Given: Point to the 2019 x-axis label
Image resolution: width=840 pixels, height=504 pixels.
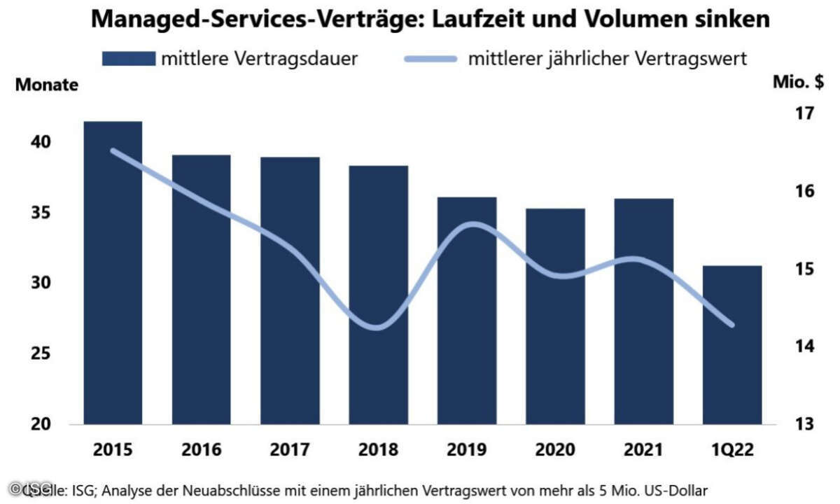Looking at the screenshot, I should click(x=467, y=449).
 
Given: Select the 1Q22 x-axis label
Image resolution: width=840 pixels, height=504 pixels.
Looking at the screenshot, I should click(x=732, y=449).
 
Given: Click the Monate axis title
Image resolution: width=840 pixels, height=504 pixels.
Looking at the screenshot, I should click(x=47, y=86).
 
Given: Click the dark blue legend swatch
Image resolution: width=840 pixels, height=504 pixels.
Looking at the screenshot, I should click(x=128, y=58).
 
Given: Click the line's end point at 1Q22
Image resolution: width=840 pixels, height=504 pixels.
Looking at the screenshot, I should click(x=732, y=325).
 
